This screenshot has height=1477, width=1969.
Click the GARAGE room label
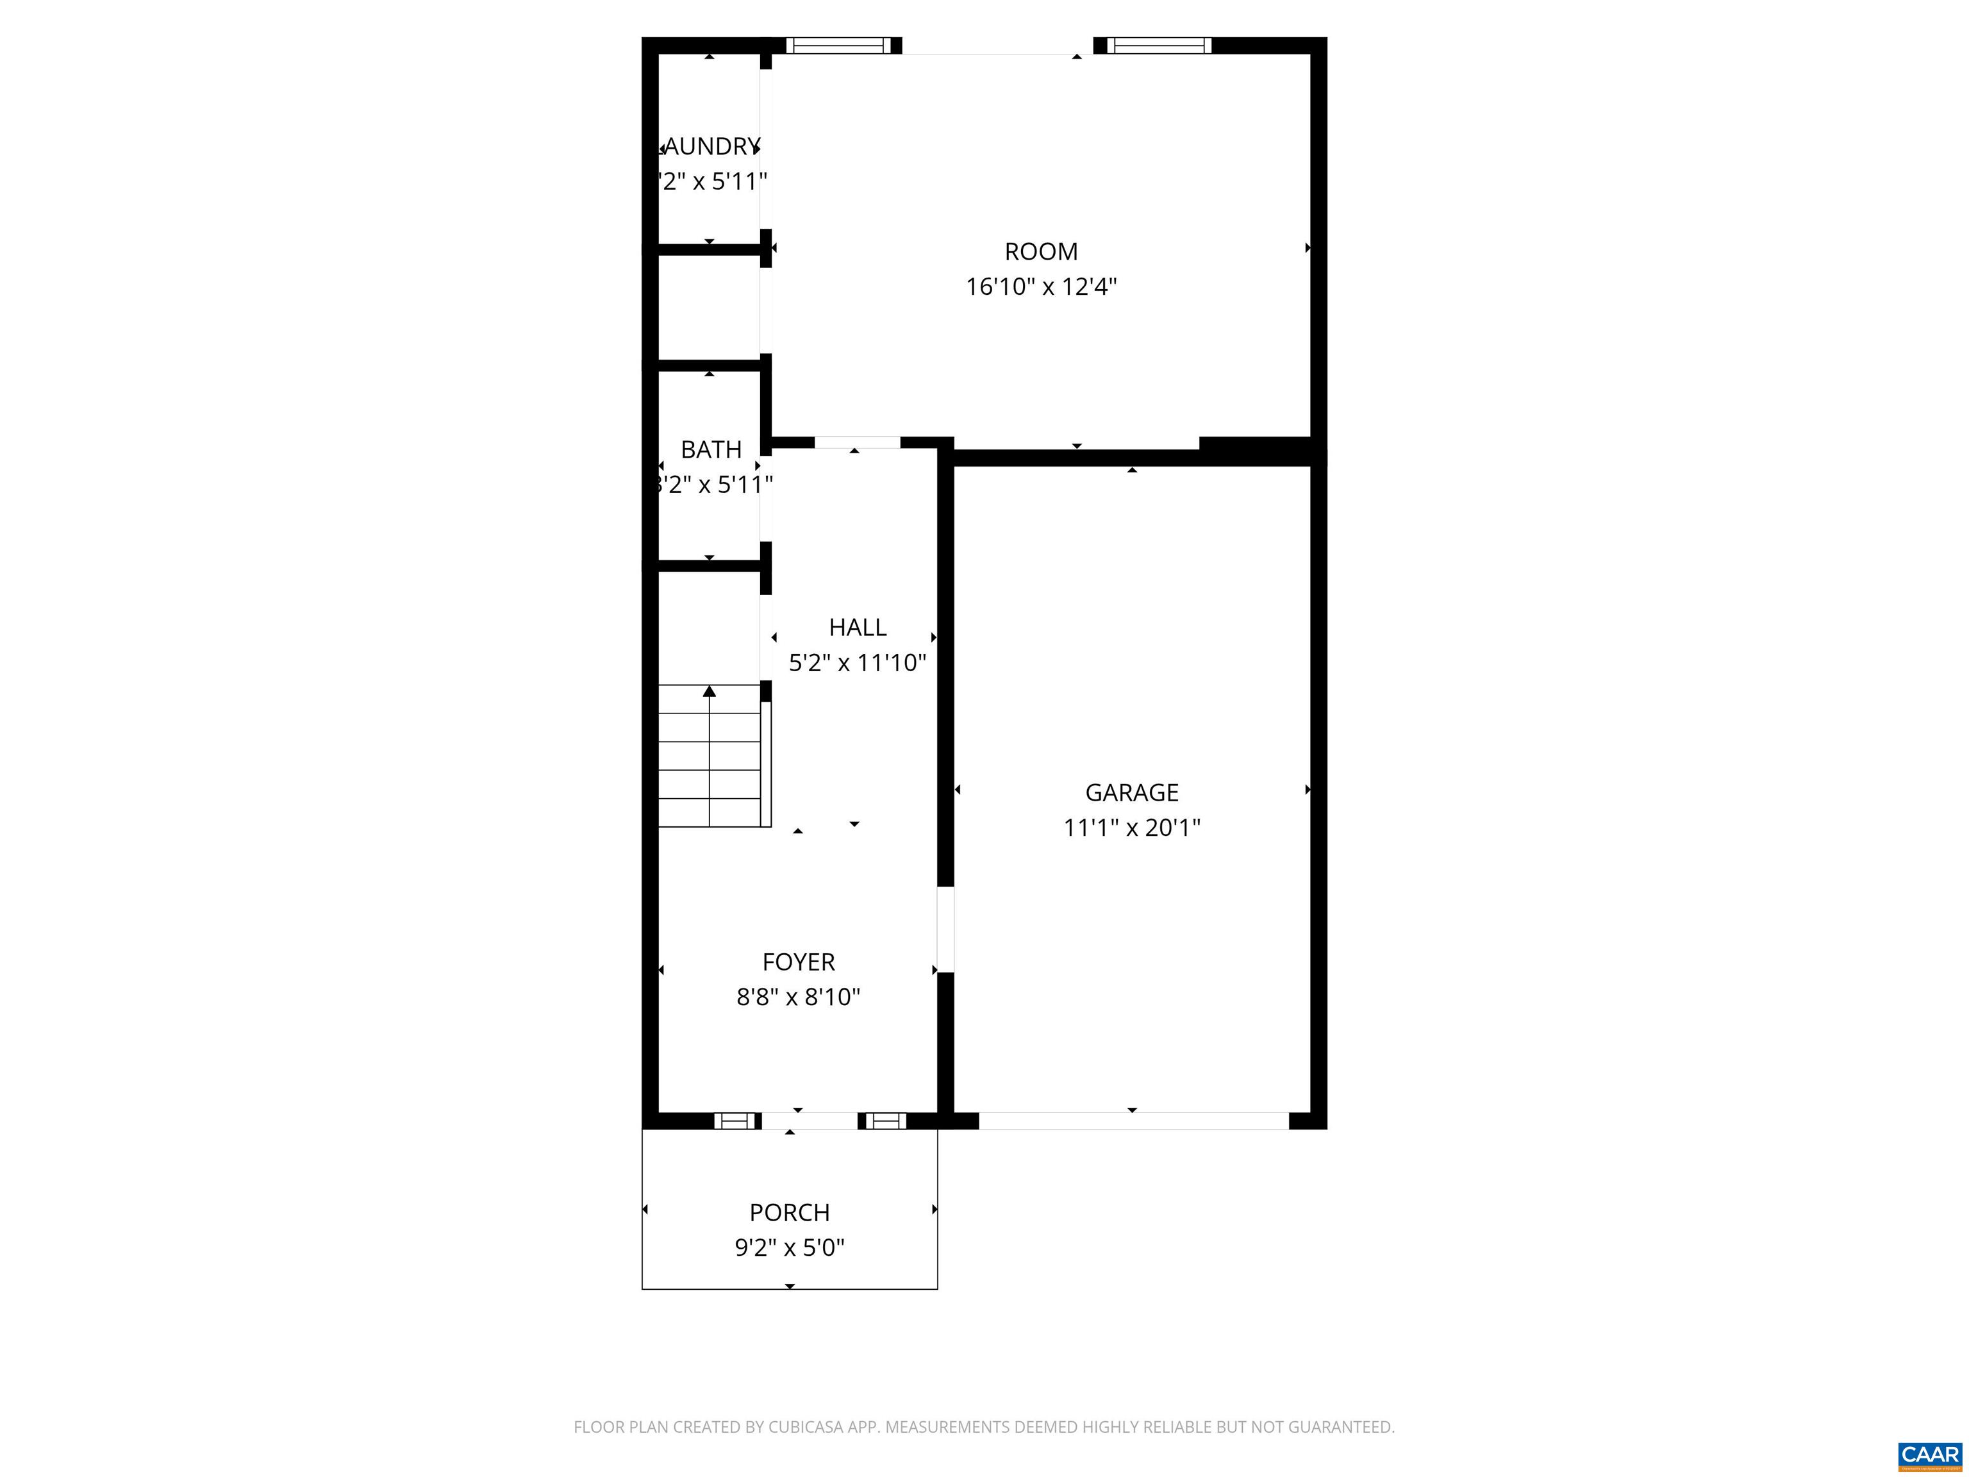(1131, 792)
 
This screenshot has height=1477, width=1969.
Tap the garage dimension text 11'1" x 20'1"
(1131, 828)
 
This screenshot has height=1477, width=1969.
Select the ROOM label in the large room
(1040, 252)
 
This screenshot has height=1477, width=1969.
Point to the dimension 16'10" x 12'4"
(1040, 287)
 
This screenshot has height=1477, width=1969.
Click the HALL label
(857, 628)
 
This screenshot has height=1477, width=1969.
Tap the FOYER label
(799, 962)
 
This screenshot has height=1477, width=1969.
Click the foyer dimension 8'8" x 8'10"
(799, 997)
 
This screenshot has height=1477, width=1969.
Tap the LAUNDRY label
(711, 146)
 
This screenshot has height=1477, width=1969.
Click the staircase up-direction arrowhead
(710, 691)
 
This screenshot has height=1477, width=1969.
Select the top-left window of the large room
(838, 46)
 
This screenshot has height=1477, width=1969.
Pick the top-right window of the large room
(1158, 46)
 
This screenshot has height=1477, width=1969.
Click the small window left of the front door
(735, 1121)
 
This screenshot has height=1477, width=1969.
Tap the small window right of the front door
(884, 1121)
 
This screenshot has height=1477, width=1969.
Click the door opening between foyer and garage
(945, 930)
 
